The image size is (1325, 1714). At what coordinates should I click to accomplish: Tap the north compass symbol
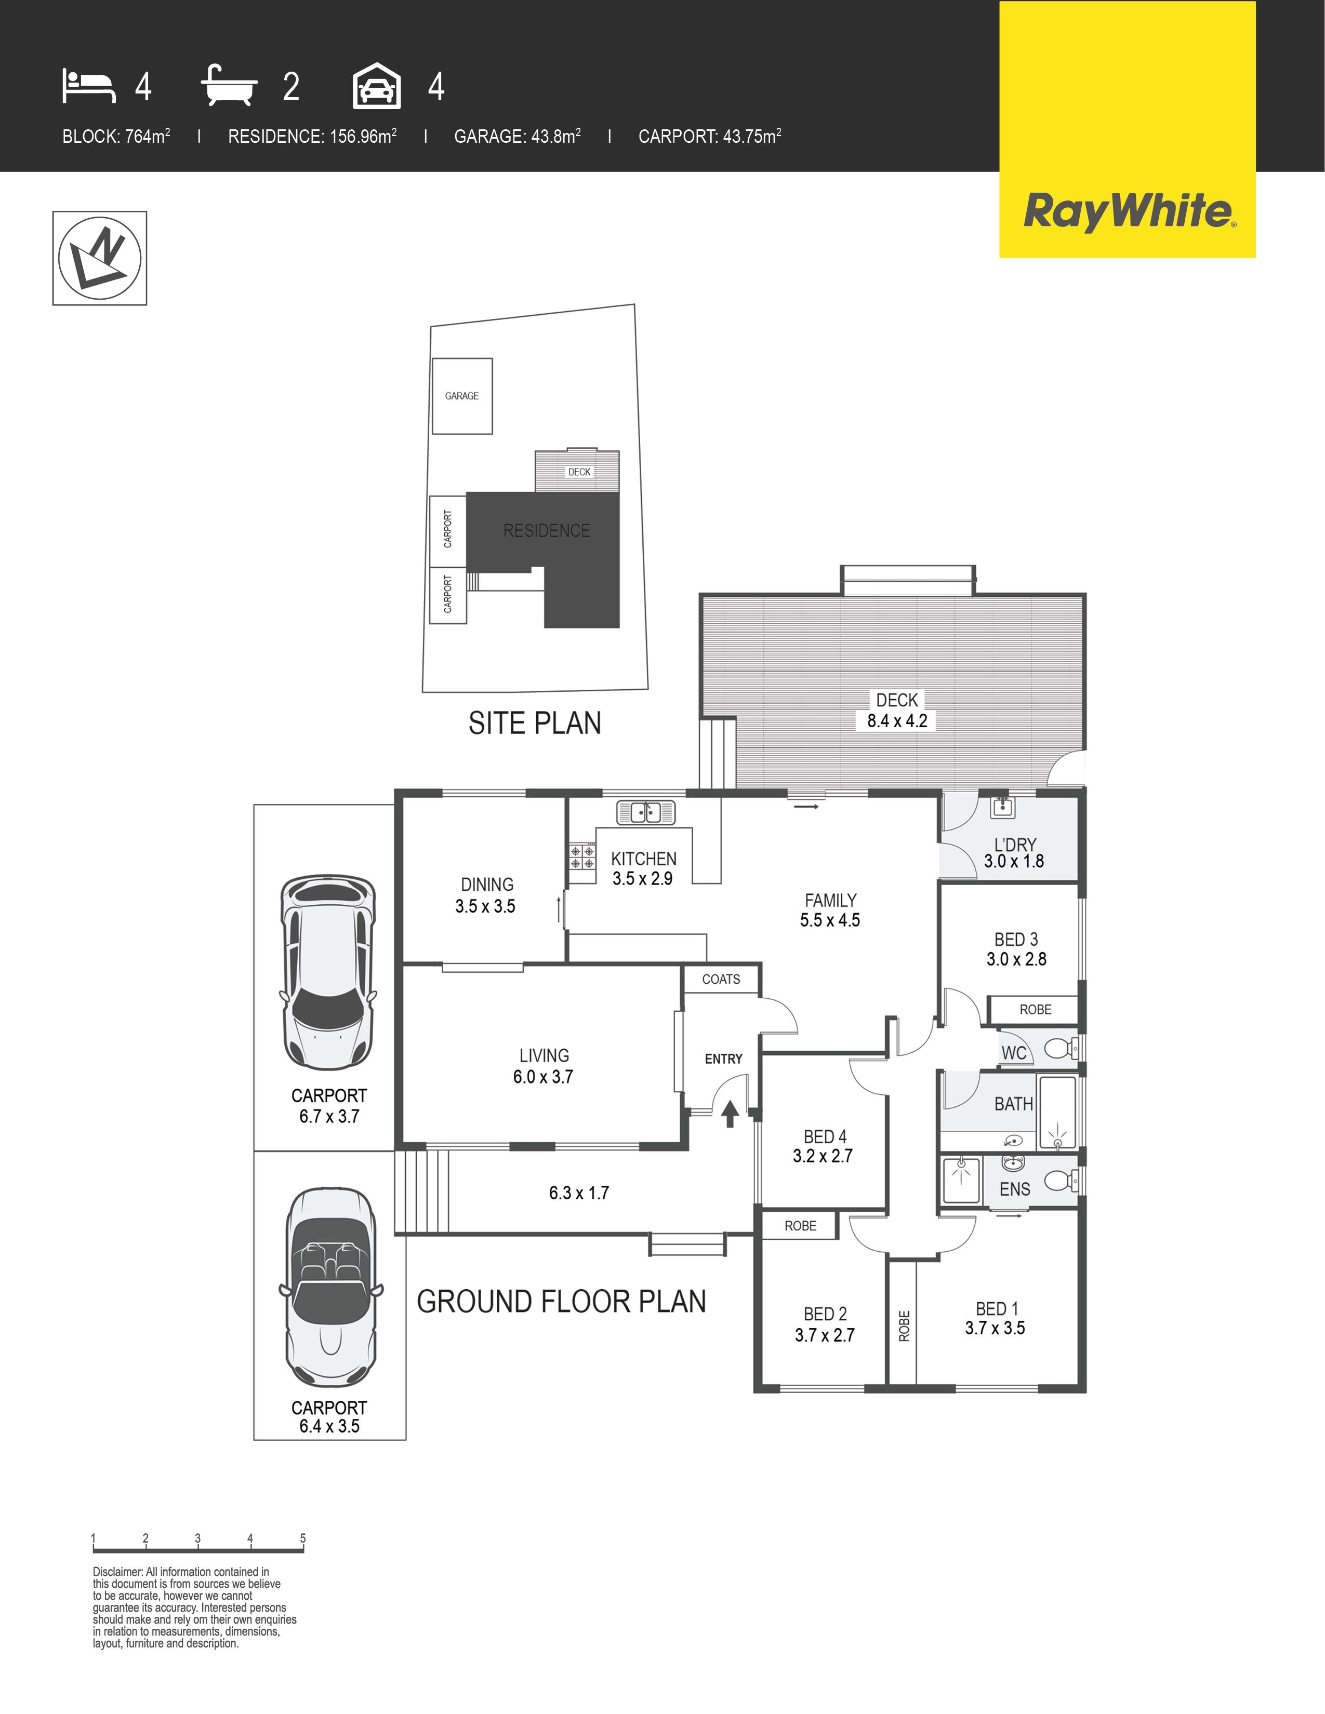coord(100,258)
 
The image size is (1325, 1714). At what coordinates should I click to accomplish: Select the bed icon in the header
coord(89,86)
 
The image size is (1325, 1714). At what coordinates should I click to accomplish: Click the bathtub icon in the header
coord(229,86)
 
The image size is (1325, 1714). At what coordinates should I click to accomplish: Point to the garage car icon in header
coord(377,86)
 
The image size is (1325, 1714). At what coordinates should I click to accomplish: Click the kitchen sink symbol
coord(645,812)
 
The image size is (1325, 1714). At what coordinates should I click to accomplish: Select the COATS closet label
coord(721,980)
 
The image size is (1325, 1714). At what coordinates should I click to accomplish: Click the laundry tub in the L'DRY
coord(1002,806)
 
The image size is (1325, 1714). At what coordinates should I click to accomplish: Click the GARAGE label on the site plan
coord(461,396)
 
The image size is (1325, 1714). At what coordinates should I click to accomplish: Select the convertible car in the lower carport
coord(330,1287)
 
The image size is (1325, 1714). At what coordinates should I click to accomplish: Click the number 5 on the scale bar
coord(302,1538)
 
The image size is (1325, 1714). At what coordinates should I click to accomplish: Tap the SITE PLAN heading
coord(535,723)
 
